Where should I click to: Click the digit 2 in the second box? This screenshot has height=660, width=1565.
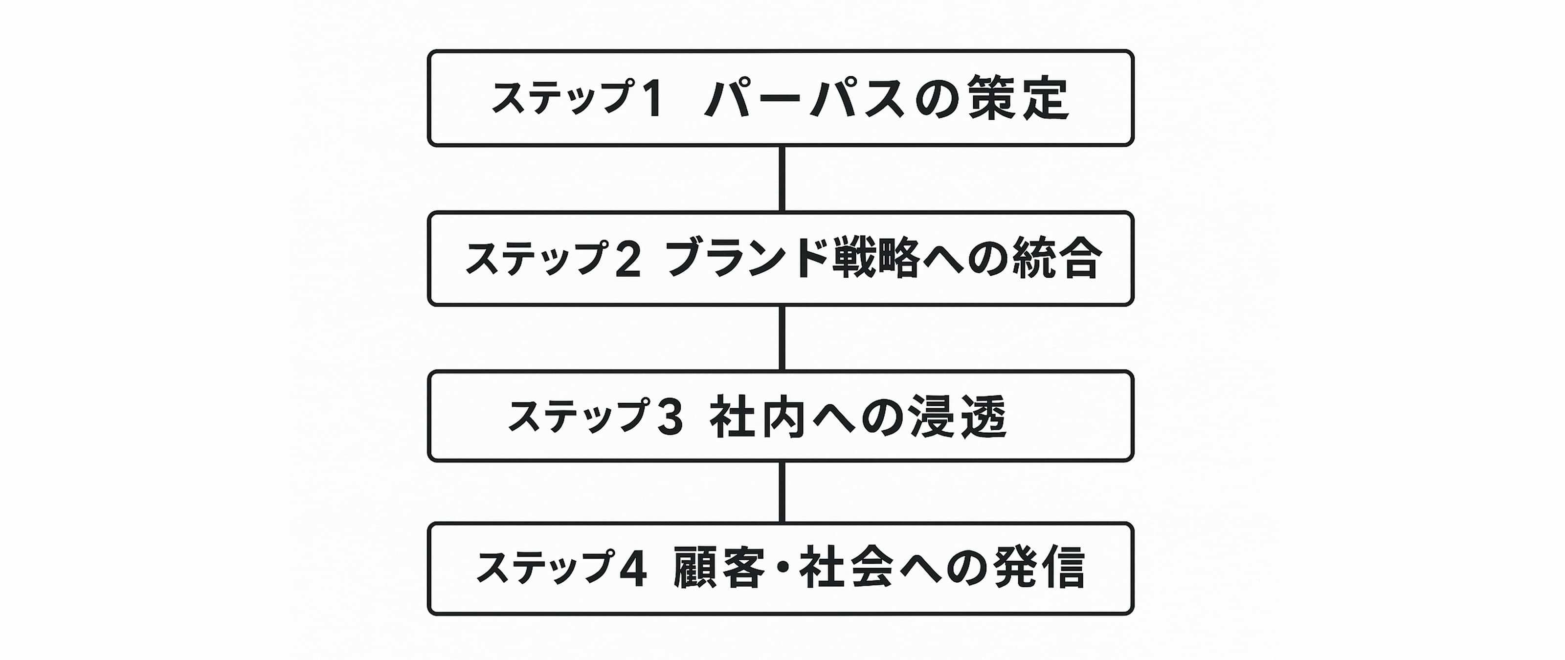coord(628,259)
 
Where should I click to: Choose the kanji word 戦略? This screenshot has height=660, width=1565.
coord(870,258)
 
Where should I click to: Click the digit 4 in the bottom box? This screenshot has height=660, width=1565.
coord(632,570)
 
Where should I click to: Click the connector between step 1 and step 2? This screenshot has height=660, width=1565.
coord(782,179)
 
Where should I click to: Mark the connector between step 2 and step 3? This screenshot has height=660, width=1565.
coord(782,339)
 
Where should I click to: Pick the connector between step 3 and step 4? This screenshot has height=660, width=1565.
coord(782,492)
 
